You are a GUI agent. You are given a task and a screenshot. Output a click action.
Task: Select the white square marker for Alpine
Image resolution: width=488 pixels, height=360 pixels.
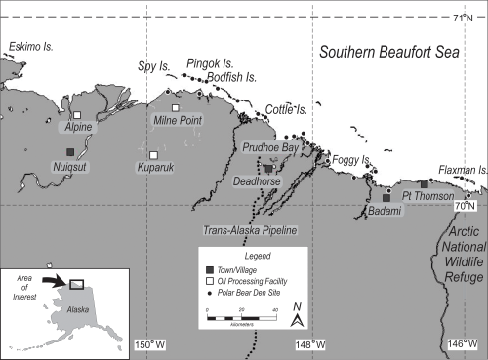point(77,115)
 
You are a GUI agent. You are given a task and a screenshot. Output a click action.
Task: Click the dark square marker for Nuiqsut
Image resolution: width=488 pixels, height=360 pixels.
point(69,151)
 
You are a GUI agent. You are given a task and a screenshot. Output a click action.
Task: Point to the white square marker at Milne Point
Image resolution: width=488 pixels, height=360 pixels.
point(176,107)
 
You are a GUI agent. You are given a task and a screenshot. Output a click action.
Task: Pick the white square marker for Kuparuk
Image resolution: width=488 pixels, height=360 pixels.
point(153,155)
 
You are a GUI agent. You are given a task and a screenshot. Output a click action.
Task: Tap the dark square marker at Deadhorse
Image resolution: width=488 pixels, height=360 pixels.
point(268,168)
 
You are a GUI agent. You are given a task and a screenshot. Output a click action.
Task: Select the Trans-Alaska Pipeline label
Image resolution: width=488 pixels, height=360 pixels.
point(249,230)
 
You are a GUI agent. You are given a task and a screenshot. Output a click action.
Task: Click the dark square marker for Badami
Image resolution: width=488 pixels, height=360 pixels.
point(386,197)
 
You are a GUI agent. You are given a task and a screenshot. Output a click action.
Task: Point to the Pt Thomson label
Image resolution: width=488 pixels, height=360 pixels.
point(427,196)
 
